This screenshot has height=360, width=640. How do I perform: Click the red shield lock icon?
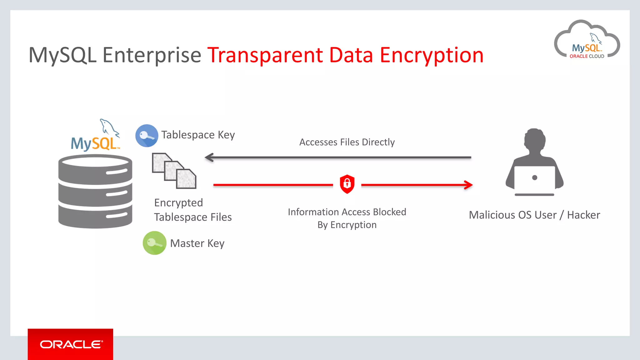tap(347, 184)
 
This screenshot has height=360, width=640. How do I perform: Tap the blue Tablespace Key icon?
tap(147, 136)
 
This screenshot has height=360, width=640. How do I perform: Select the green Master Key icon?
tap(154, 243)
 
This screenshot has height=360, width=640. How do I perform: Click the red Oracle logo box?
tap(70, 344)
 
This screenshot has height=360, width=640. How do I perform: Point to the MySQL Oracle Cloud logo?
tap(587, 41)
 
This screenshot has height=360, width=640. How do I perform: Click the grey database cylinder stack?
tap(95, 191)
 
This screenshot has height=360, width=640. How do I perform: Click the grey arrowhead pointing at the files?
tap(209, 157)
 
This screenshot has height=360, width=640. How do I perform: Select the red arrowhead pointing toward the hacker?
tap(468, 185)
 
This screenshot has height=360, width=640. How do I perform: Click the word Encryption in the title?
tap(432, 55)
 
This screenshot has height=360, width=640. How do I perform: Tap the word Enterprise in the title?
tap(152, 55)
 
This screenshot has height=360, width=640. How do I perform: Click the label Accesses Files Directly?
tap(347, 142)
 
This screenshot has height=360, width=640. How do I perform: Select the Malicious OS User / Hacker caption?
tap(534, 215)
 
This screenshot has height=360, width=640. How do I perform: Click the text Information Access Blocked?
tap(347, 212)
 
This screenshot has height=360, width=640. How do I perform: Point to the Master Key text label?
tap(197, 243)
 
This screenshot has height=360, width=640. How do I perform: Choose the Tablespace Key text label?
tap(198, 135)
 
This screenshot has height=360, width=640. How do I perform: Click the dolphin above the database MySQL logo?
tap(109, 127)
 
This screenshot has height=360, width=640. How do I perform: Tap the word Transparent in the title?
tap(265, 55)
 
